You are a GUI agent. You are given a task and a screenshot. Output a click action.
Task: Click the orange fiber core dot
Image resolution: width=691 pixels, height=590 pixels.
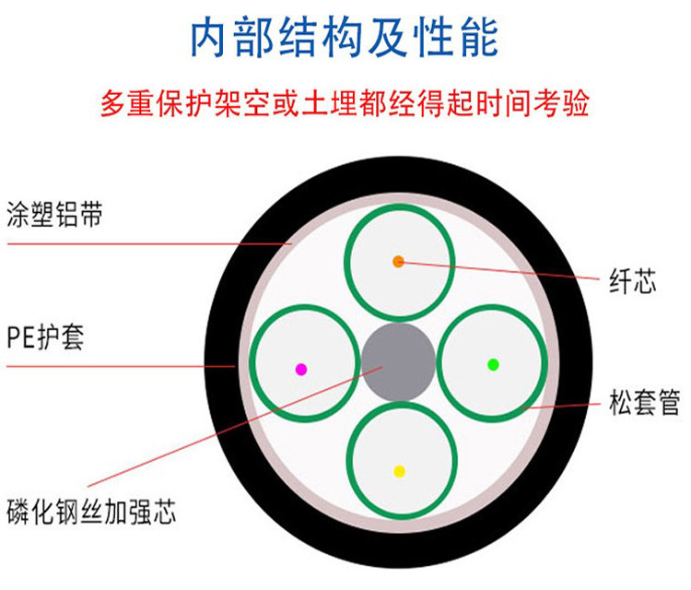coord(398,262)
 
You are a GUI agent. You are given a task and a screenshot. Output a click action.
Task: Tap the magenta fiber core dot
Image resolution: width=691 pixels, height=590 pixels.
coord(300,369)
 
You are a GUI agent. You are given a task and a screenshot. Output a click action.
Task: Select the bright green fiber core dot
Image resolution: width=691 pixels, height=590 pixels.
coord(493,364)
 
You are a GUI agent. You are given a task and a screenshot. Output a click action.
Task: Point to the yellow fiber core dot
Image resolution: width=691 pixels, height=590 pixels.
coord(399,471)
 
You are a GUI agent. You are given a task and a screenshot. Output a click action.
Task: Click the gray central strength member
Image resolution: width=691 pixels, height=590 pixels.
coord(398,360)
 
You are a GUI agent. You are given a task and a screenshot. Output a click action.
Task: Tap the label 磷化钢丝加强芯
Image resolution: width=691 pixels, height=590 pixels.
coord(89,510)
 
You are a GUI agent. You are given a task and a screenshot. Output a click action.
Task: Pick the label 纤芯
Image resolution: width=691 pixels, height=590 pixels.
coord(633,280)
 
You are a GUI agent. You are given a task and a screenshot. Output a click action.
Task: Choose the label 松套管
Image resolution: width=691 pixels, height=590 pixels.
coord(644,403)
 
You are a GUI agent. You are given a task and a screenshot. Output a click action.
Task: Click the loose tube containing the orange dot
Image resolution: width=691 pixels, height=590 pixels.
coord(398,230)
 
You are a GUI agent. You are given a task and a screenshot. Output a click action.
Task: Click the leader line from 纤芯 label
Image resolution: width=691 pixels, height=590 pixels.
coord(507,270)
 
